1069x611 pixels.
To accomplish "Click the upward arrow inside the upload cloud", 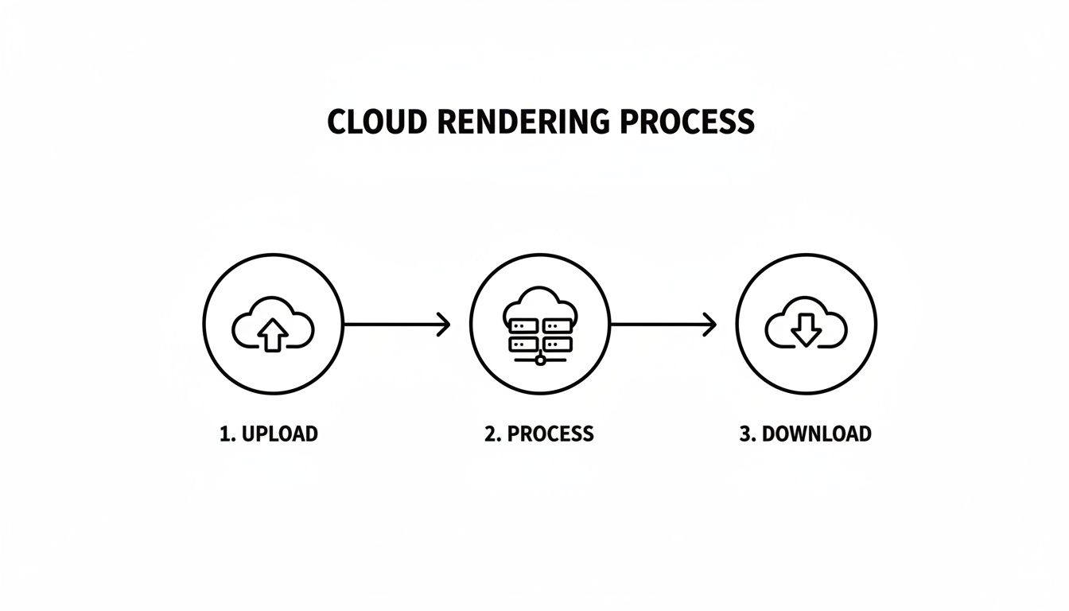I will pos(273,335).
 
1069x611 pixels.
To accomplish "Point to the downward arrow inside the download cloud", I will pos(806,329).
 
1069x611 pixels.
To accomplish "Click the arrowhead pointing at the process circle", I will pos(444,325).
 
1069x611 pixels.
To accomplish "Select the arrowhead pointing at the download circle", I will pos(710,325).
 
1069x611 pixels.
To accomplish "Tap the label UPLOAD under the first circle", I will pos(279,434).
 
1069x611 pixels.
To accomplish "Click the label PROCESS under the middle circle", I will pos(550,434).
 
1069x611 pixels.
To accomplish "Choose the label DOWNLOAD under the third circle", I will pos(817,434).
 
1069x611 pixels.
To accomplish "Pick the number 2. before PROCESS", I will pos(493,434).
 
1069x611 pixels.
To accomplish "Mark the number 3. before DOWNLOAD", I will pos(748,434).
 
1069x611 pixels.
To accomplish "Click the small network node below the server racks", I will pos(540,360).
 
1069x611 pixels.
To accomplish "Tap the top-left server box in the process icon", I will pos(522,325).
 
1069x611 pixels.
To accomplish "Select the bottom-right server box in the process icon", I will pos(557,344).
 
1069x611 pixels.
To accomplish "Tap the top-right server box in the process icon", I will pos(557,325).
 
